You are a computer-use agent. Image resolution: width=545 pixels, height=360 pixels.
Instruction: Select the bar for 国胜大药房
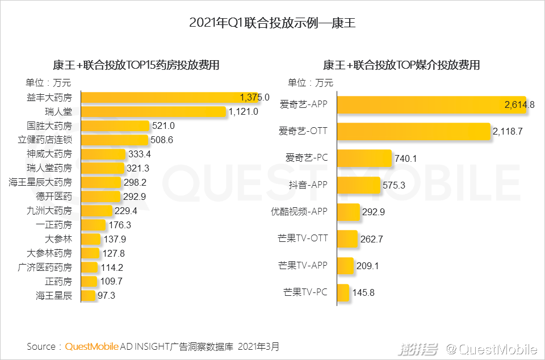point(115,125)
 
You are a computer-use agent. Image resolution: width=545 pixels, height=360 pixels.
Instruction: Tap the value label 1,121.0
point(244,112)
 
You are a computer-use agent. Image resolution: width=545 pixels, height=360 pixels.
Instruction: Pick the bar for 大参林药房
point(91,253)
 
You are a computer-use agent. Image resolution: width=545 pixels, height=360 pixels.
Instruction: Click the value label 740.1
point(406,159)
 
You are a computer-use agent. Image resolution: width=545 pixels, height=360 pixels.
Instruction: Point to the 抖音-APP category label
point(308,185)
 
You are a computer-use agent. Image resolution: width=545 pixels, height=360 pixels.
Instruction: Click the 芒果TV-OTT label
point(303,239)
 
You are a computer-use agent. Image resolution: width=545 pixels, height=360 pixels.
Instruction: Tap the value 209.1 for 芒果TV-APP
point(368,266)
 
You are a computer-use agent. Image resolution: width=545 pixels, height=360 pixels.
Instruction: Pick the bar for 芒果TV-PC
point(343,292)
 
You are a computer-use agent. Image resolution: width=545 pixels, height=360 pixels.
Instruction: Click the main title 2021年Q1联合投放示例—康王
point(272,23)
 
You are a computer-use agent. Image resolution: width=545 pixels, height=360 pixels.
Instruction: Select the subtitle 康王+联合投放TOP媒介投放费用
point(401,65)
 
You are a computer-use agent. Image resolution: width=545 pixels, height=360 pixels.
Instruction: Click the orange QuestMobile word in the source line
point(92,346)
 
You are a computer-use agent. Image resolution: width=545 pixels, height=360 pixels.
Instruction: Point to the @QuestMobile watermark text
point(491,349)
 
